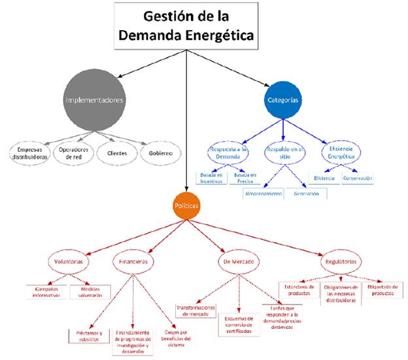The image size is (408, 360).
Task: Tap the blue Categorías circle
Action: pos(284,100)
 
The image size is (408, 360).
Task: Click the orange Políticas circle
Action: pos(187,205)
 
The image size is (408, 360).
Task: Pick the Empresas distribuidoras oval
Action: pos(29,153)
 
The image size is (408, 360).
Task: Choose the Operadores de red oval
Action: pos(73,152)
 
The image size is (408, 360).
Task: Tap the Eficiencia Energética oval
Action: pos(341,153)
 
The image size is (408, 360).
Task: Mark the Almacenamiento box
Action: pos(263,194)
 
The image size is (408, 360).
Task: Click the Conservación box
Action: pos(357,178)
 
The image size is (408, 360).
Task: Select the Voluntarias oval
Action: pos(67,261)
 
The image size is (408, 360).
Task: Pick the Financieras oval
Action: pos(132,261)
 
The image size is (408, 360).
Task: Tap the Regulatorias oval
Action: pos(341,261)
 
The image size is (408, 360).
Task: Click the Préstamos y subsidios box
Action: pos(90,335)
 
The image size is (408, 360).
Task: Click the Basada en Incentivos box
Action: pos(211,178)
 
